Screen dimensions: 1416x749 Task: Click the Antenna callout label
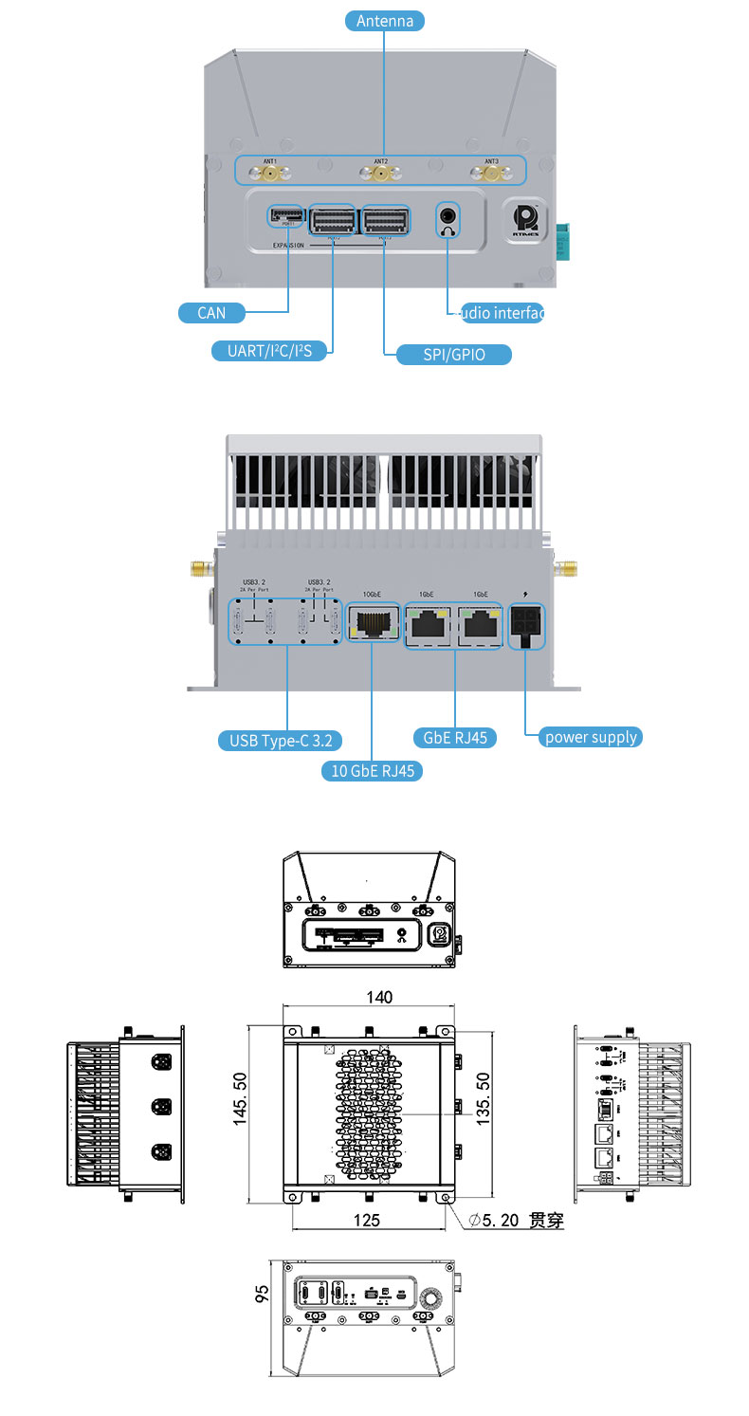(385, 20)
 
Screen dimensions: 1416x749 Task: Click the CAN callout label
(211, 312)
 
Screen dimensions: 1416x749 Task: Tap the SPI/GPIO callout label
(453, 355)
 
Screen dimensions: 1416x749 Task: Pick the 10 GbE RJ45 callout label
(372, 770)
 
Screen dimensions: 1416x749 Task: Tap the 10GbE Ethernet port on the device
(372, 623)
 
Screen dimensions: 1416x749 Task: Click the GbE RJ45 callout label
(455, 737)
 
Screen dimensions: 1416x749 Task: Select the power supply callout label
(590, 737)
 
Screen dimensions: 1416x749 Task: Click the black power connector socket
(524, 627)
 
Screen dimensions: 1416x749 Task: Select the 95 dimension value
(263, 1292)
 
